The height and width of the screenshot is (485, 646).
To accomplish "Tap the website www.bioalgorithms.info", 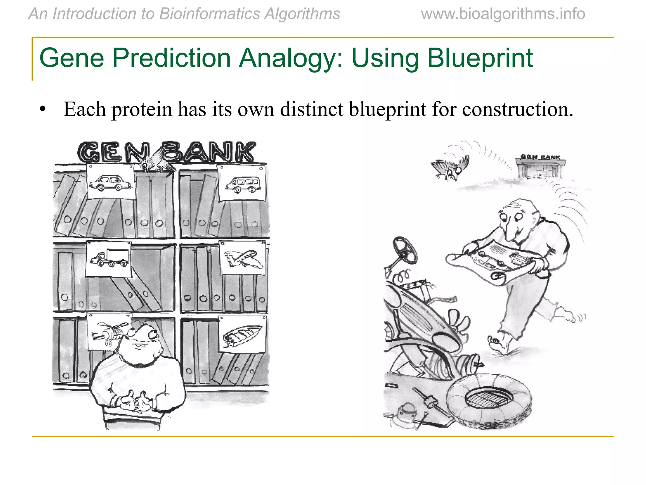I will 503,14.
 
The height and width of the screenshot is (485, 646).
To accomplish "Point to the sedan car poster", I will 110,182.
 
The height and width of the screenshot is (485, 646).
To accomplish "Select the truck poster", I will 109,258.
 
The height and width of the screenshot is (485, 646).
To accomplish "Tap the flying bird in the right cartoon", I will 449,168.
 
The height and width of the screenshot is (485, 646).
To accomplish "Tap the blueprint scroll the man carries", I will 495,262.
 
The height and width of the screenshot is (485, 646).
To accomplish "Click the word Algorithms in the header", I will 302,14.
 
